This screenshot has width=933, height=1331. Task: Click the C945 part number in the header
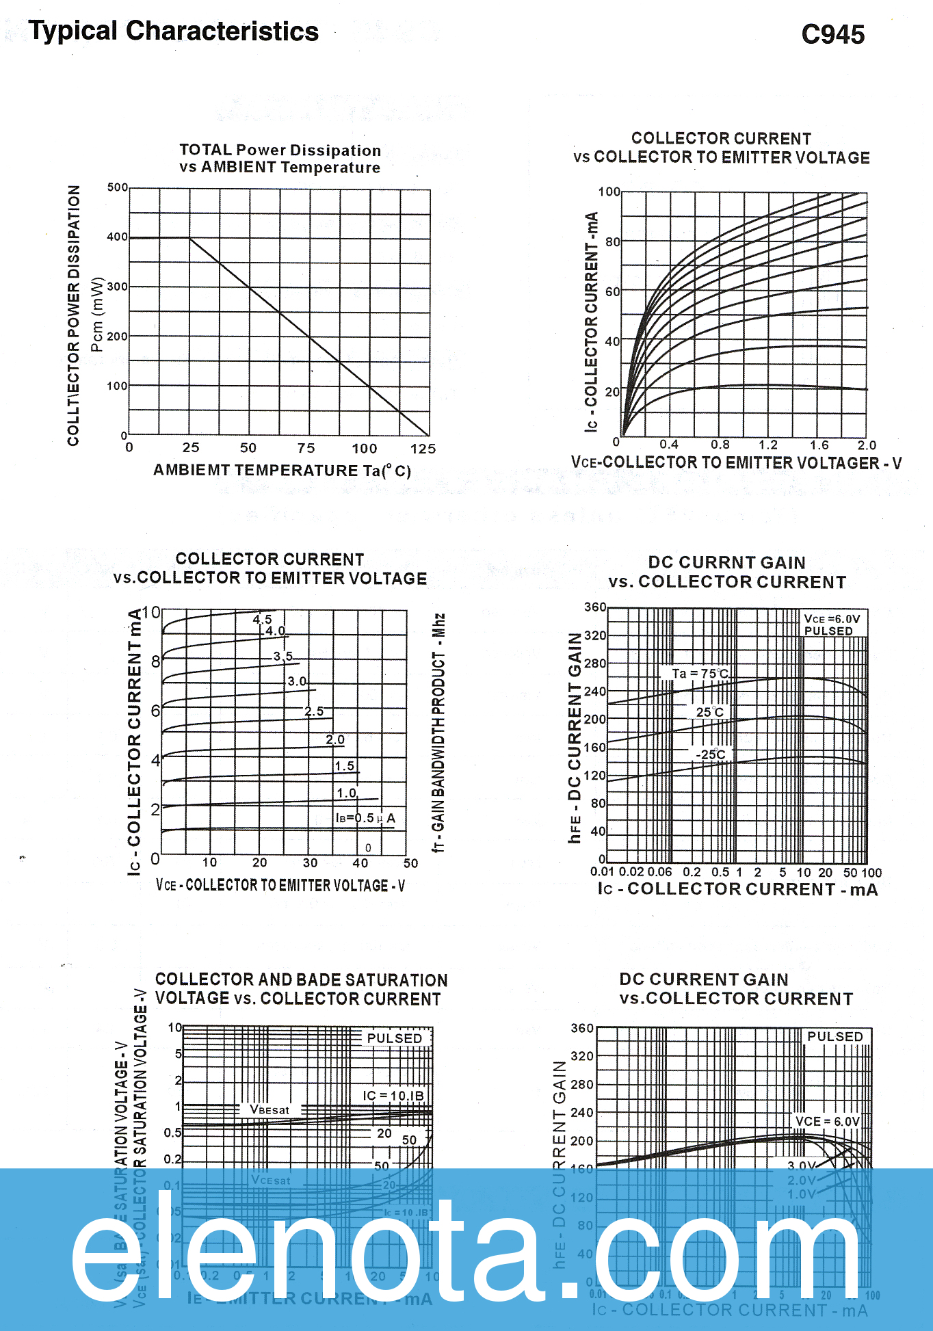click(x=832, y=34)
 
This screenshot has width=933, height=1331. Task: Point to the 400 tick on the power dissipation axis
click(x=117, y=237)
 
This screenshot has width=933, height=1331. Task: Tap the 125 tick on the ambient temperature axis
click(x=423, y=449)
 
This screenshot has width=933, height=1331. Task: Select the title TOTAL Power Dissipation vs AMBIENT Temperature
click(x=280, y=159)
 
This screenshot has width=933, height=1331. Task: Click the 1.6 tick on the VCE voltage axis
click(x=819, y=445)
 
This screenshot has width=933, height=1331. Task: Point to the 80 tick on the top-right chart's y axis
click(x=612, y=241)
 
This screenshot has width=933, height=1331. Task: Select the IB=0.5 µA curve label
click(x=365, y=818)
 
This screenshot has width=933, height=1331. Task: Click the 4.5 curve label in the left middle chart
click(x=262, y=619)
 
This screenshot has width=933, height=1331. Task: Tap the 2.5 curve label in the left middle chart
click(x=314, y=711)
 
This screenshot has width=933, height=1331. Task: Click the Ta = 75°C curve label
click(x=700, y=674)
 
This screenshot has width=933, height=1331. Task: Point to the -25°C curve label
click(x=711, y=754)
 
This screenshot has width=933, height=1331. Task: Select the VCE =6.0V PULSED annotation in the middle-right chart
click(x=831, y=624)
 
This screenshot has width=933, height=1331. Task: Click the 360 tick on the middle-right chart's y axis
click(x=595, y=607)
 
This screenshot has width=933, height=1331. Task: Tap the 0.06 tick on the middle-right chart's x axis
click(x=659, y=872)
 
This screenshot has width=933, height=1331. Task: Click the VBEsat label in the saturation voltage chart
click(x=270, y=1109)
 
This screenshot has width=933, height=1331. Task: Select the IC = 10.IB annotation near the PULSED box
click(x=393, y=1095)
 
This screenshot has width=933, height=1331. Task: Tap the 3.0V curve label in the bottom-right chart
click(x=802, y=1165)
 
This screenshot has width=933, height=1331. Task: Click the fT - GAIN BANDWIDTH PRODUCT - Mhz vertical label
click(x=438, y=732)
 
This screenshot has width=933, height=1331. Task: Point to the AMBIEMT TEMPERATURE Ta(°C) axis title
click(x=282, y=471)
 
